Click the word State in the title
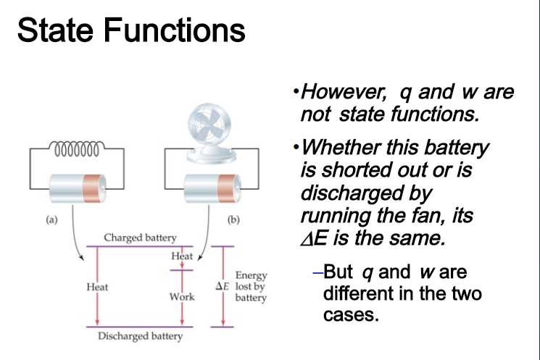(x=55, y=30)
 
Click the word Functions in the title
(x=174, y=30)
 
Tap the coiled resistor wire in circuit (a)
(x=77, y=148)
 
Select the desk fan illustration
(x=211, y=133)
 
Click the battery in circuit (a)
(x=78, y=188)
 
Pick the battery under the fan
(x=212, y=188)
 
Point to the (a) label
(x=51, y=219)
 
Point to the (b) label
(x=233, y=219)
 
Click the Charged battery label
(x=140, y=238)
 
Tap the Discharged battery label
(x=140, y=336)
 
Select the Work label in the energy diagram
(x=182, y=297)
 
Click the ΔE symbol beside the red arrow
(x=222, y=286)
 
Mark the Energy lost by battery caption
(x=251, y=286)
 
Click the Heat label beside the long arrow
(x=97, y=287)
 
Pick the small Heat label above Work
(x=182, y=256)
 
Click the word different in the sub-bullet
(x=358, y=293)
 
